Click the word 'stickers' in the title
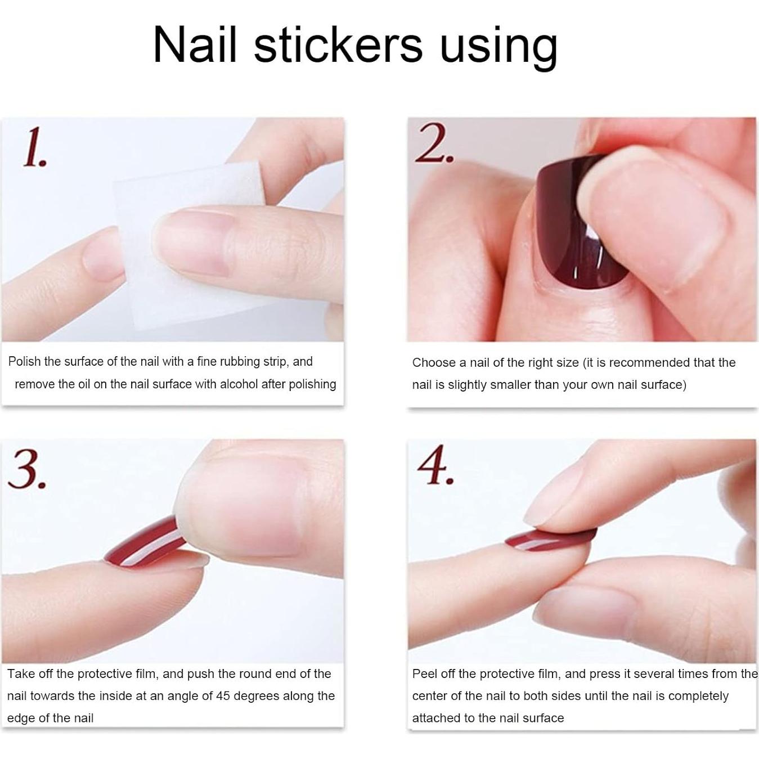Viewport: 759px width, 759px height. click(338, 45)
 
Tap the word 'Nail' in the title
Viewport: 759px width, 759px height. click(195, 45)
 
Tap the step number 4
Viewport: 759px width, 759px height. click(435, 466)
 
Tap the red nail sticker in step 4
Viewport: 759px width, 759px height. click(549, 538)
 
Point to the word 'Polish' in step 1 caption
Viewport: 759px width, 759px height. click(24, 362)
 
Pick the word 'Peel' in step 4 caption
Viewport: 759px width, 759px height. click(424, 674)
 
